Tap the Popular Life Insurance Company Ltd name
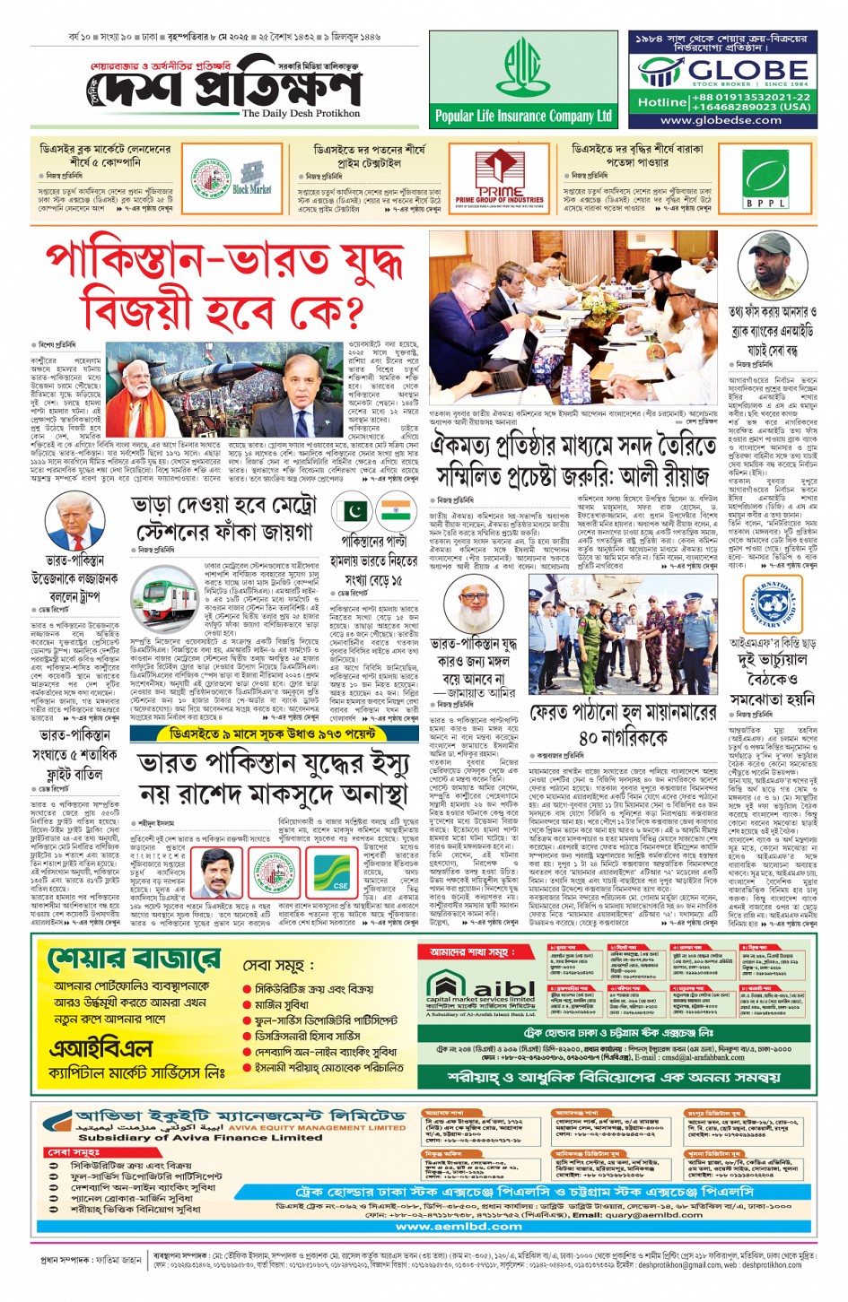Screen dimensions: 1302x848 (523, 116)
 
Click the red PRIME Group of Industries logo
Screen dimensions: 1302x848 (499, 178)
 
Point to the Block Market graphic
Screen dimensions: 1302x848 (252, 178)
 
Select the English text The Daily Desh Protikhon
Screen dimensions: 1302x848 (301, 113)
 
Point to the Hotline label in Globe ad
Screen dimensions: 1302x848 (662, 102)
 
